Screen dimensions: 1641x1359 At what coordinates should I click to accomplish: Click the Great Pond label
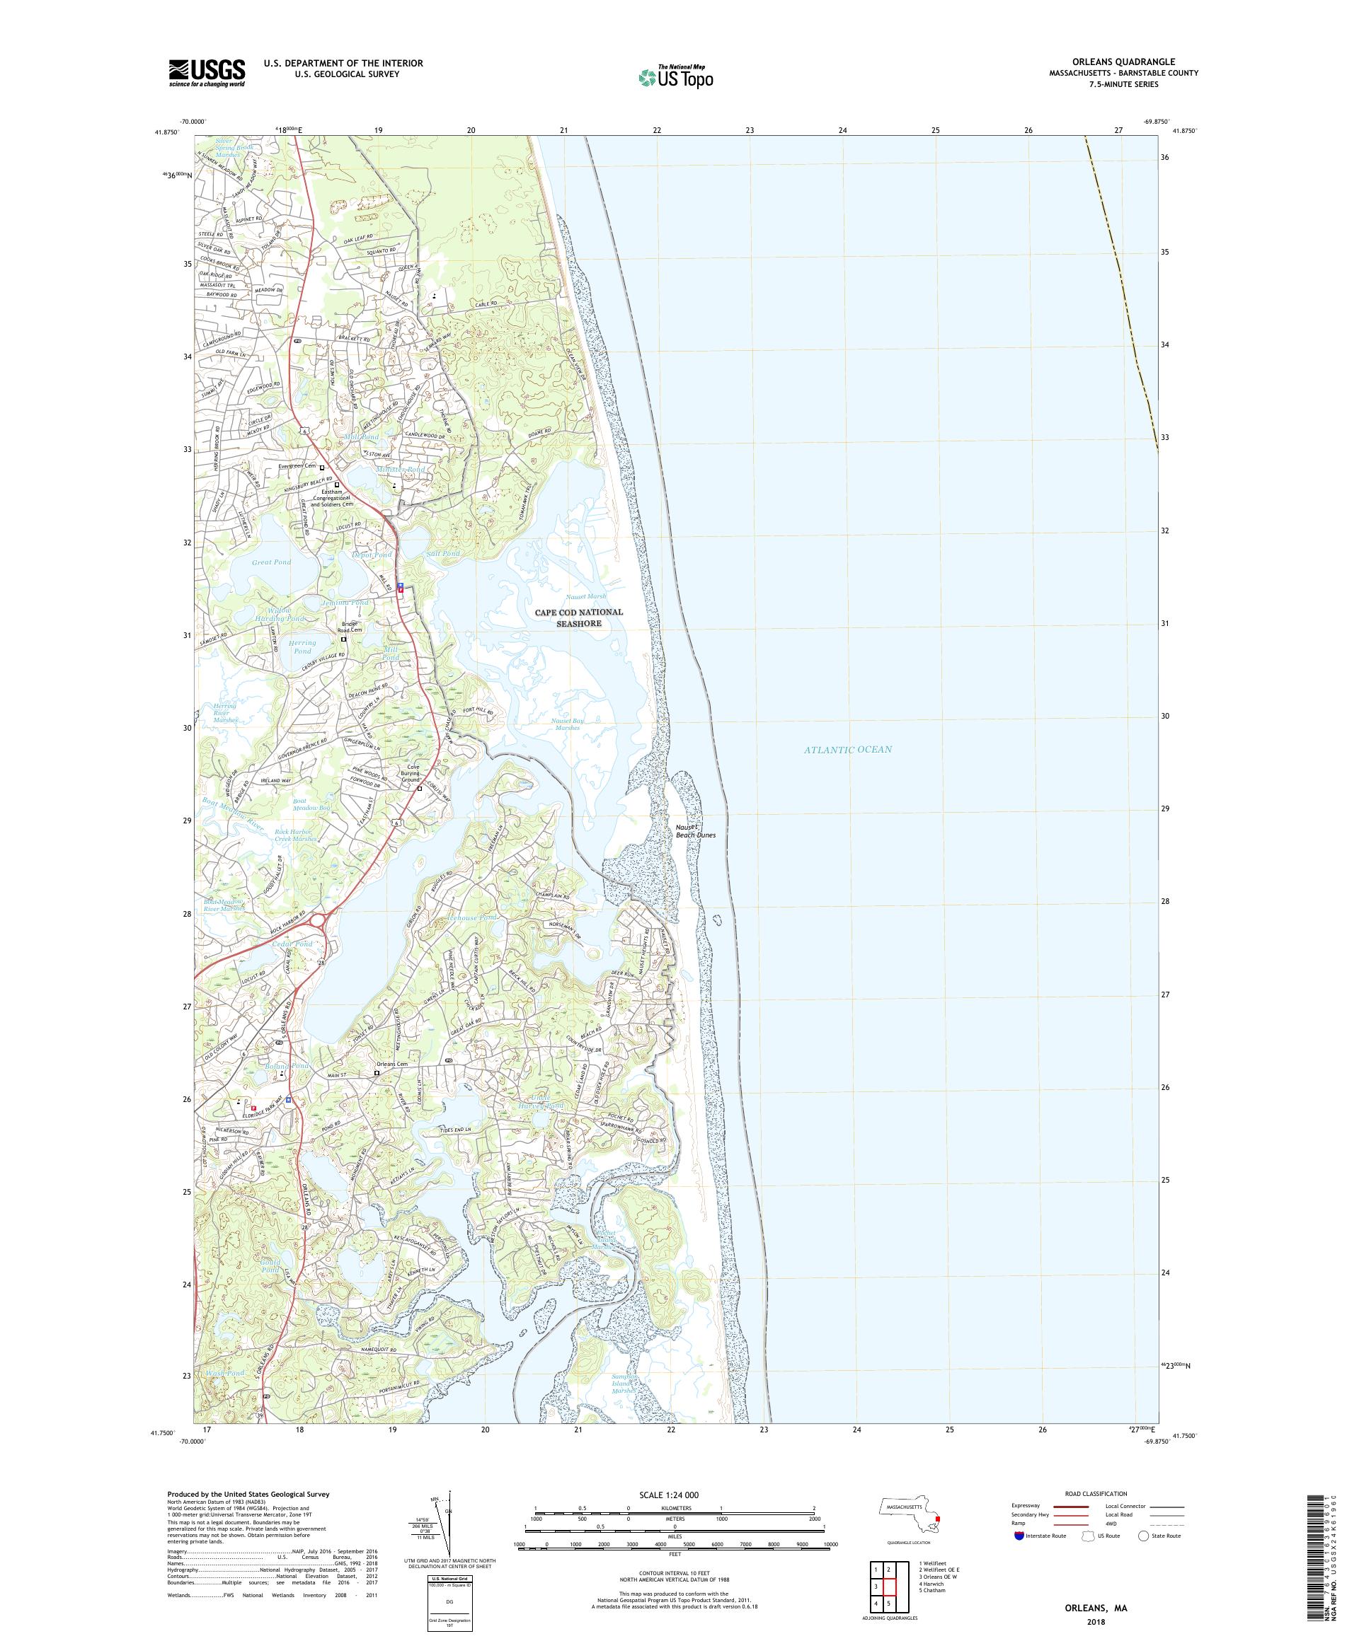271,562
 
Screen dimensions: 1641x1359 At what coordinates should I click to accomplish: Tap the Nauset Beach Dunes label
695,830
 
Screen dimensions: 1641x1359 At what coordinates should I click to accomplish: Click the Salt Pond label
442,553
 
